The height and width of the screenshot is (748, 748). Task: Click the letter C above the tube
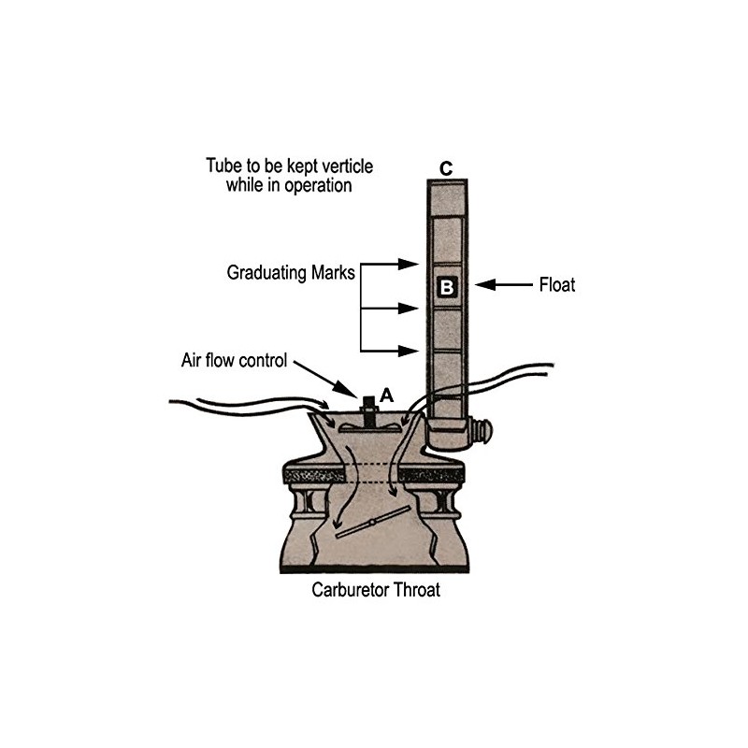(x=446, y=169)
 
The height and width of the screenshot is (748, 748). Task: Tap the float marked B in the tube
(x=446, y=287)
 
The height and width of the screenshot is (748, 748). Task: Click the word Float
(x=556, y=285)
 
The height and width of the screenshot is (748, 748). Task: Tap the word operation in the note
(x=312, y=185)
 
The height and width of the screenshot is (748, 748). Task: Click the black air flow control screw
(x=368, y=409)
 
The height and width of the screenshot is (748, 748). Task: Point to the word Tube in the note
(x=221, y=166)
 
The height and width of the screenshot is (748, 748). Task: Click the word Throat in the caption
(x=412, y=591)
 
